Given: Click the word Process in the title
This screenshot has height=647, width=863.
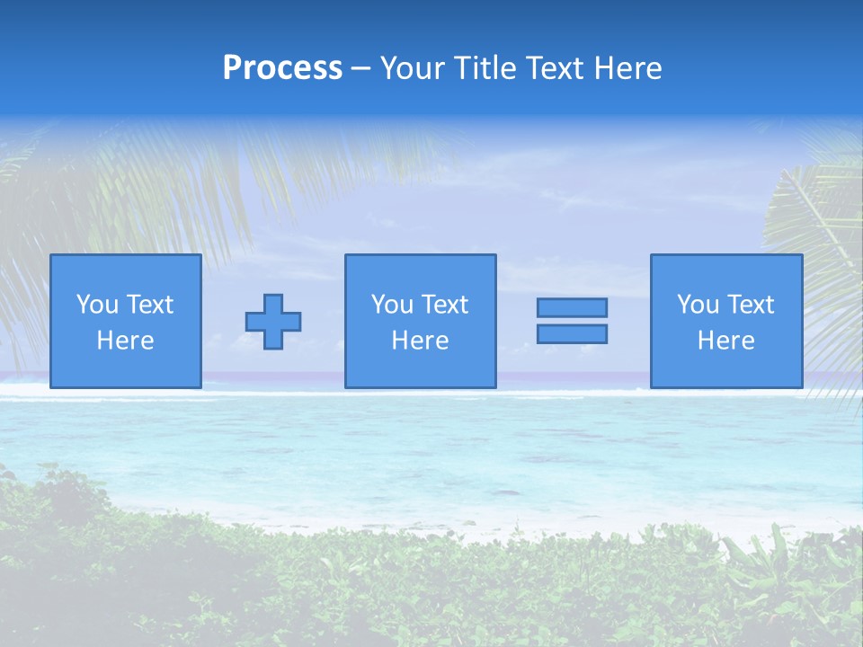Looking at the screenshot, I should click(282, 68).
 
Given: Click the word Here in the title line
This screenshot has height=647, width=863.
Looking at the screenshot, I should click(630, 68).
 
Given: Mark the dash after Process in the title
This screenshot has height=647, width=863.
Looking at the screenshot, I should click(361, 69).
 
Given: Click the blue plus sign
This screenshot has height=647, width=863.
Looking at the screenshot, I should click(273, 322).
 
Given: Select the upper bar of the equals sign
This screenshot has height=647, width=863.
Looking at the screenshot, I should click(572, 308).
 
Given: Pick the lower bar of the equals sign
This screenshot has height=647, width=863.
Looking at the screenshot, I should click(572, 334).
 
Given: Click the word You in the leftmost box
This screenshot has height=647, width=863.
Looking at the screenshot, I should click(96, 305).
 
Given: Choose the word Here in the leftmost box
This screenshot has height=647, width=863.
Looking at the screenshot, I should click(125, 341).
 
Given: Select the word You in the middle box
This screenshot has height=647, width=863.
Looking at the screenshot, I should click(391, 305).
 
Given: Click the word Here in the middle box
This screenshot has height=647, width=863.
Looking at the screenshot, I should click(420, 341).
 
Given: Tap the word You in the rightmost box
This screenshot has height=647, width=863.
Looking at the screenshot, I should click(697, 305).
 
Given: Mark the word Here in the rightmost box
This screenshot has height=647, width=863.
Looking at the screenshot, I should click(725, 341).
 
